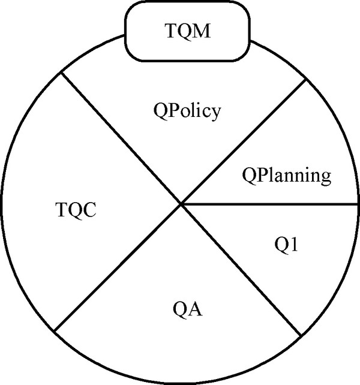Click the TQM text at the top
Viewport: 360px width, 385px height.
click(x=188, y=31)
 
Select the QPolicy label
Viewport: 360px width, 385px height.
click(x=187, y=111)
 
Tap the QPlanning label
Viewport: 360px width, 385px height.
click(x=287, y=176)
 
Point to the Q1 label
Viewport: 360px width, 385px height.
click(x=286, y=245)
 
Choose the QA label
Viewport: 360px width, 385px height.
click(x=188, y=309)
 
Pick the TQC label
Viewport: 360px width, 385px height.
click(x=76, y=209)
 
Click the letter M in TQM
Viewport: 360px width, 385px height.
click(x=202, y=31)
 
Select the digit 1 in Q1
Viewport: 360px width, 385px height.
click(x=294, y=244)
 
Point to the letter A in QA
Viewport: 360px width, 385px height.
click(x=195, y=308)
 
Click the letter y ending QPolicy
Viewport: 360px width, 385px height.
click(x=215, y=114)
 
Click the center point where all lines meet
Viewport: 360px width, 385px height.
click(x=181, y=204)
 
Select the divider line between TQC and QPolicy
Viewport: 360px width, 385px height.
click(x=121, y=138)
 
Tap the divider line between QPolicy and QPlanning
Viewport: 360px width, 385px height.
click(x=244, y=142)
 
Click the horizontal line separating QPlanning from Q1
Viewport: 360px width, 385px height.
click(x=269, y=204)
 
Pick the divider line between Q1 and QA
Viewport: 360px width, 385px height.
click(x=241, y=270)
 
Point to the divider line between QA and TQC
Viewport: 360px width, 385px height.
click(x=118, y=267)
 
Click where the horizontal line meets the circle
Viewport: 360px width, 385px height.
click(x=358, y=204)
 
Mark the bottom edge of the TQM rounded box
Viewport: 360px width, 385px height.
click(x=187, y=60)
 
